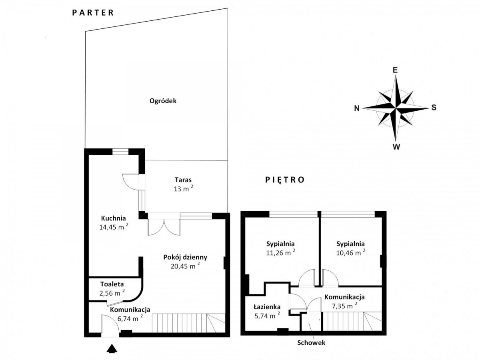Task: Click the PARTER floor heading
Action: (93, 13)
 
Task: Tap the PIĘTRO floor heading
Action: (285, 180)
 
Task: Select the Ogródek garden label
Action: (163, 101)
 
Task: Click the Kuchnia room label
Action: (114, 218)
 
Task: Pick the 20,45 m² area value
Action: (185, 266)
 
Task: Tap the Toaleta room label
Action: (112, 284)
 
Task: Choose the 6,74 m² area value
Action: (130, 318)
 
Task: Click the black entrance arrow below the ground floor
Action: (112, 349)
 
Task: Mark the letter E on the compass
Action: (395, 70)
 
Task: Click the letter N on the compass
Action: (357, 108)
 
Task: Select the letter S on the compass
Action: (434, 108)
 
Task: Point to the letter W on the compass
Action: (396, 147)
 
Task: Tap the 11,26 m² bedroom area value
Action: (280, 252)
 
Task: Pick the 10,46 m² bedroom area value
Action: (350, 252)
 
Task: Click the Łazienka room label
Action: (267, 307)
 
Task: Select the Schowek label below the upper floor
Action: (311, 342)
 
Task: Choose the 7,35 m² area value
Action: (345, 306)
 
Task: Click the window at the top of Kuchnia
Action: (120, 152)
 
